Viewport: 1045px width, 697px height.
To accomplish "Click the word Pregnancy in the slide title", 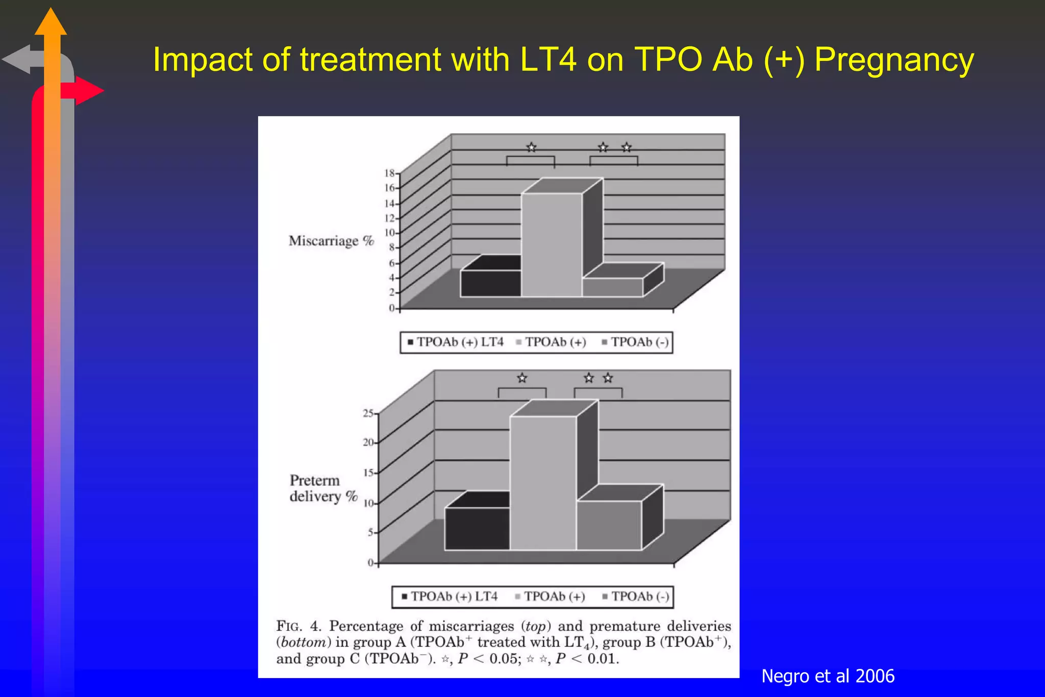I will click(x=894, y=60).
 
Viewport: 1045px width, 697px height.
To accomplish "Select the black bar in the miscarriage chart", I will click(x=490, y=283).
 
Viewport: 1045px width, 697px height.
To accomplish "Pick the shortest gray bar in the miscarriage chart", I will click(x=612, y=287).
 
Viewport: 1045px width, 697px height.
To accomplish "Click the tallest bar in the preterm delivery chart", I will click(x=543, y=482).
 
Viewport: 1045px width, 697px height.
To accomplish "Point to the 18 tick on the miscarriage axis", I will click(x=390, y=173).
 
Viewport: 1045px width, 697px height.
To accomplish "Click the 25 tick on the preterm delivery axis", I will click(x=368, y=413).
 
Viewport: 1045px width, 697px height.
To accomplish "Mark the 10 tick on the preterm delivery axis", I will click(x=368, y=504).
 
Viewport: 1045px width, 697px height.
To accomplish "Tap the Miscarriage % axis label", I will click(x=331, y=241).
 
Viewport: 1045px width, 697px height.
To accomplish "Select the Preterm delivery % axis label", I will click(x=323, y=488).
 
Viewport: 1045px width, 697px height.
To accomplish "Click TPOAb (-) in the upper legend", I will click(x=639, y=342).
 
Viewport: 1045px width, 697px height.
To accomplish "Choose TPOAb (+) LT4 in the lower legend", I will click(x=454, y=596).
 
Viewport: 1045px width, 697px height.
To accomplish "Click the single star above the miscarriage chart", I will click(x=531, y=147).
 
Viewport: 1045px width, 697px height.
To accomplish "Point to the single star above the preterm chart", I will click(x=521, y=378).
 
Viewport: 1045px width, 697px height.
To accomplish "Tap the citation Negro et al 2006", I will click(x=828, y=676).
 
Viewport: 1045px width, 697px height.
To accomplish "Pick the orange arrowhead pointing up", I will click(x=51, y=23).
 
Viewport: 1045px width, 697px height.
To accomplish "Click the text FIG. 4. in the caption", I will click(x=298, y=626).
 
